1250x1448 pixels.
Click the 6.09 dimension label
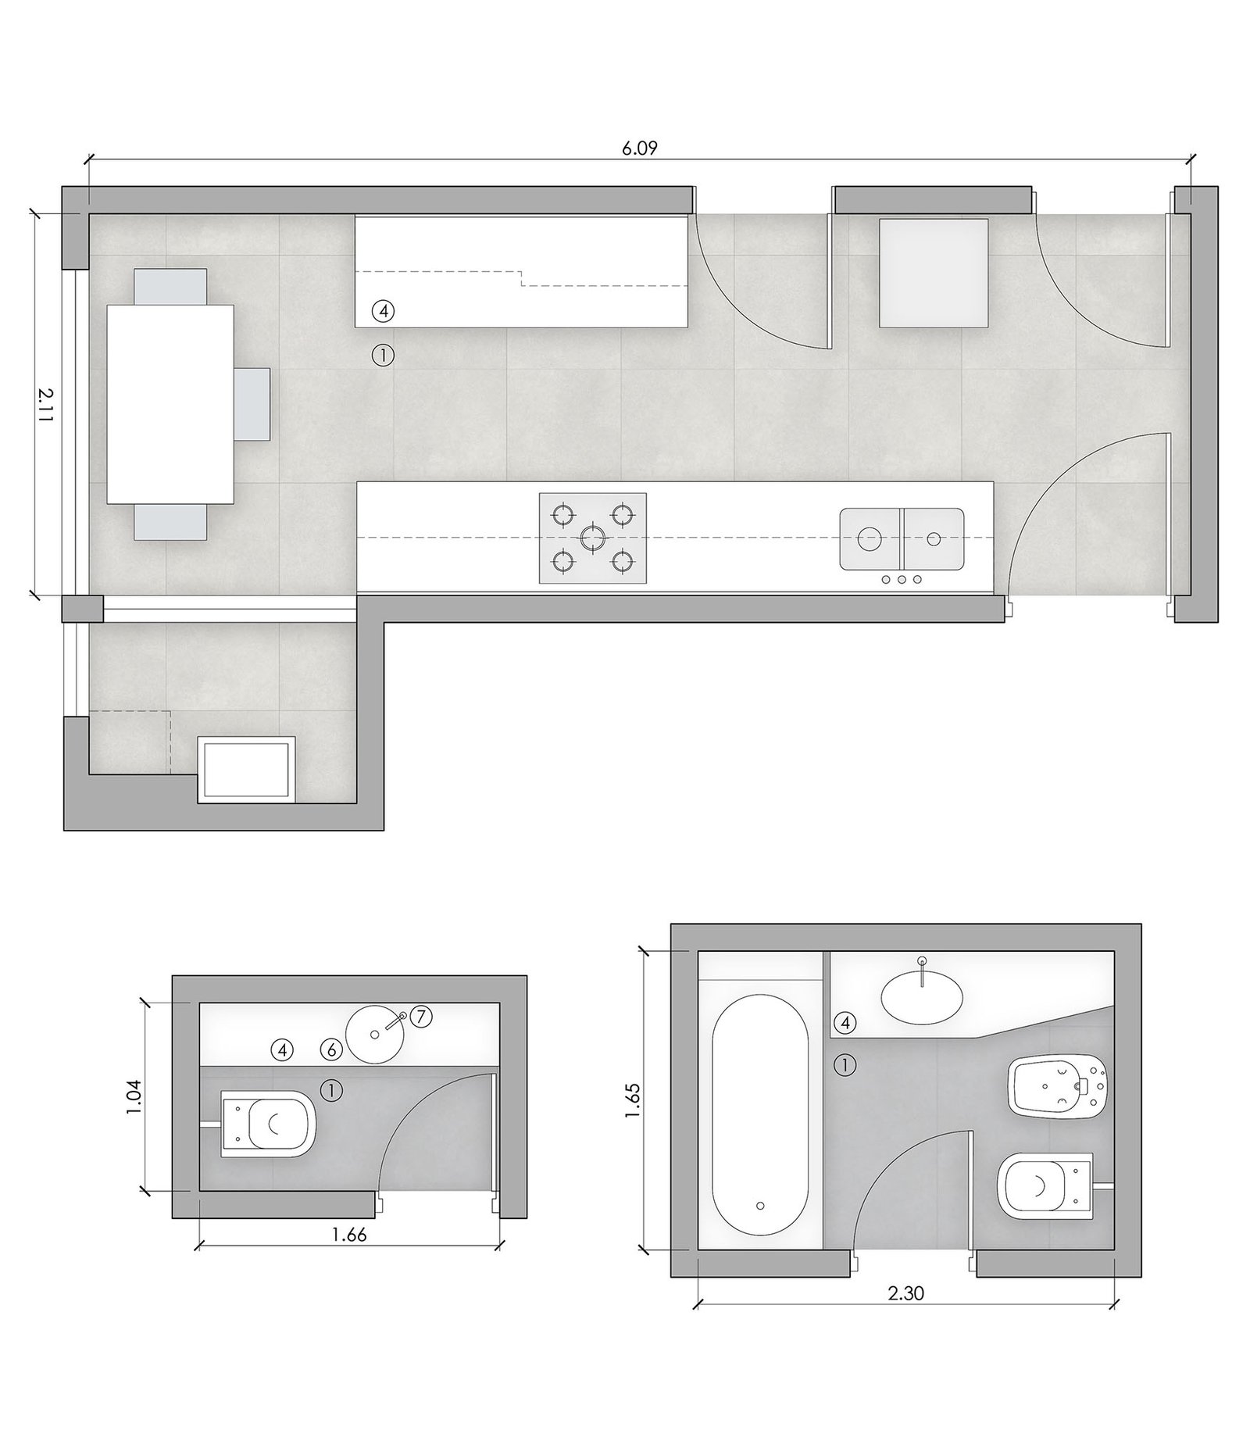tap(639, 148)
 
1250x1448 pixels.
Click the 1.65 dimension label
tap(634, 1099)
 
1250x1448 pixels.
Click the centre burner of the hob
tap(592, 537)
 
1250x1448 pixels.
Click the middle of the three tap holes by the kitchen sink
tap(901, 579)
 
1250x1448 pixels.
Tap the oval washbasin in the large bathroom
tap(922, 997)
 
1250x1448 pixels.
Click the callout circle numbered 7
tap(420, 1017)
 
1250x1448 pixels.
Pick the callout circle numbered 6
tap(332, 1049)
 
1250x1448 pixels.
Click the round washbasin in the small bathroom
tap(375, 1034)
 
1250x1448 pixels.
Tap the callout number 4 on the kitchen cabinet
tap(383, 311)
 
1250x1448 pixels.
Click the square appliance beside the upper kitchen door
tap(934, 273)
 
